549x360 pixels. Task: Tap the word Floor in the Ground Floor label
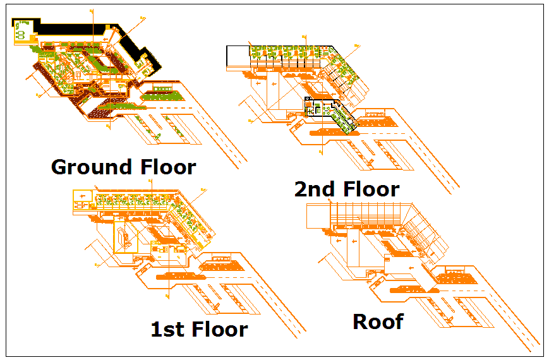pos(166,167)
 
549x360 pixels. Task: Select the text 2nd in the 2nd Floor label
pos(317,189)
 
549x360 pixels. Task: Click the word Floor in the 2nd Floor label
pos(372,189)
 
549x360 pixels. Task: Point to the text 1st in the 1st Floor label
pos(168,329)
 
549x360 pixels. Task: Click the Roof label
pos(378,321)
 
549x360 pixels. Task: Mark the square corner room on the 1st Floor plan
pos(81,198)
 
